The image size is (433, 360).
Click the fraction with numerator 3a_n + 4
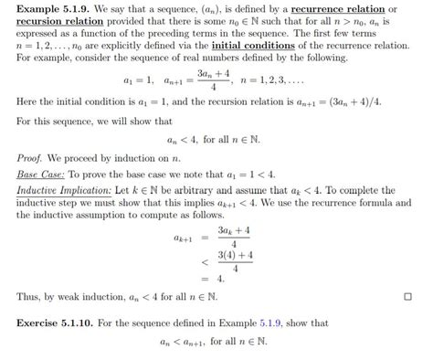click(x=210, y=86)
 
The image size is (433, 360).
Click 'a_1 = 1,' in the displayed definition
click(x=138, y=86)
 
